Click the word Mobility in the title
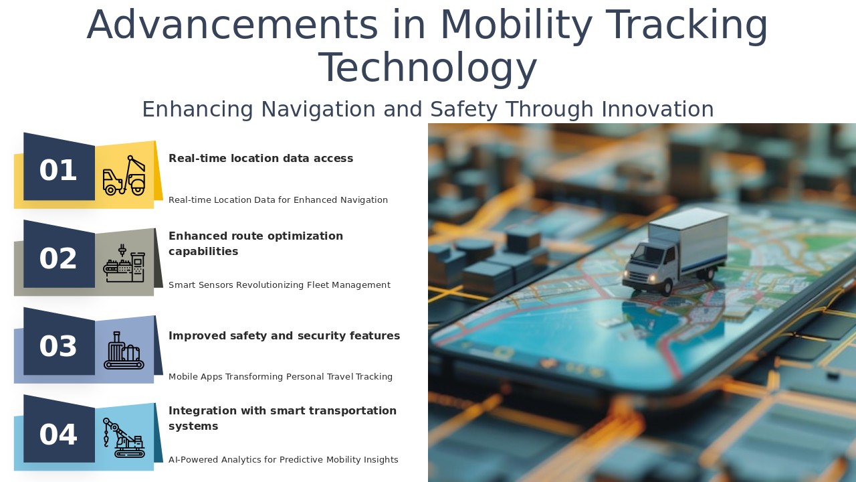[x=516, y=25]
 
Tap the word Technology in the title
[x=428, y=68]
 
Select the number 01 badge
[x=58, y=171]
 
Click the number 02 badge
[x=58, y=259]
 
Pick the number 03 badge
[x=58, y=347]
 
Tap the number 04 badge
[x=58, y=435]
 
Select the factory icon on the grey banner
[x=124, y=263]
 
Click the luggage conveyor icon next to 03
[x=124, y=351]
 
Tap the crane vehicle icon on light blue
[x=124, y=438]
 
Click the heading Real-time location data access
[x=261, y=159]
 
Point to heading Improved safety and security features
[x=284, y=336]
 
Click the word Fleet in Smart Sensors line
[x=319, y=285]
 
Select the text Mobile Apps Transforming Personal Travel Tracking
[x=280, y=377]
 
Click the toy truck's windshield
[x=649, y=255]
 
